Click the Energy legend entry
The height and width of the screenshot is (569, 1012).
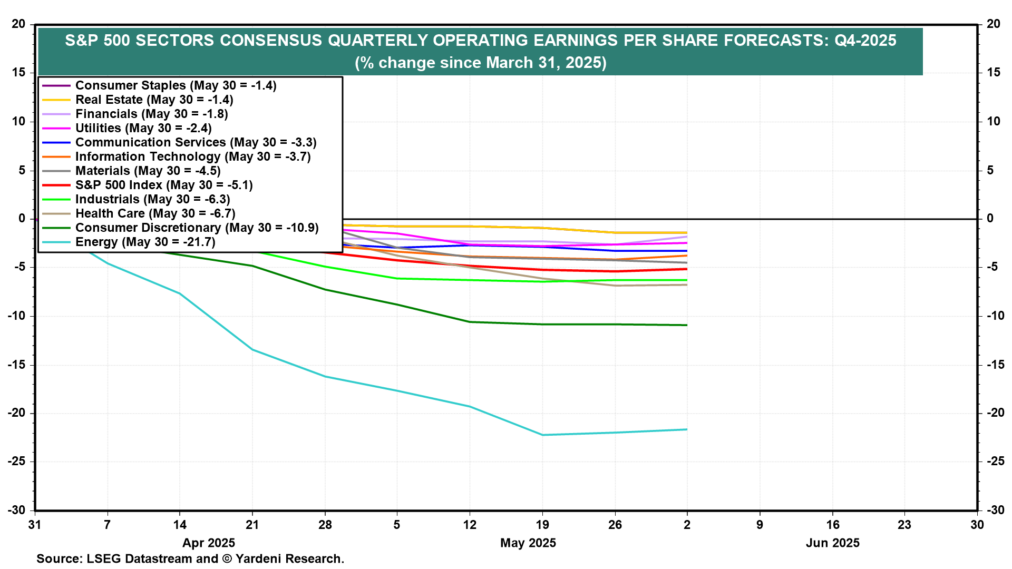click(145, 242)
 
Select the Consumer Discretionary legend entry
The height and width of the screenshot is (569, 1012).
click(197, 228)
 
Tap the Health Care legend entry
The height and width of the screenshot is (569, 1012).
click(155, 214)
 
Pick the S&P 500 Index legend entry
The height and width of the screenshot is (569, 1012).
click(164, 185)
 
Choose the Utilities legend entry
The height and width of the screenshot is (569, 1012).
click(143, 129)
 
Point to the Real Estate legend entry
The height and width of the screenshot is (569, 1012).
click(154, 100)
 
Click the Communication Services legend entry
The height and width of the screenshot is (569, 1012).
click(196, 143)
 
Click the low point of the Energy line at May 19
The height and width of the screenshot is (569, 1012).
click(542, 435)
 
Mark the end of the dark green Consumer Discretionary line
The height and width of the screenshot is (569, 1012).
click(687, 325)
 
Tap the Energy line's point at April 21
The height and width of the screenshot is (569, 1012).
click(252, 350)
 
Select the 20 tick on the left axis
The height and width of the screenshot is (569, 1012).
click(19, 24)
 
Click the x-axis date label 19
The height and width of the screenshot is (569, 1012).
click(542, 525)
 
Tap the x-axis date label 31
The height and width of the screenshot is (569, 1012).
click(35, 525)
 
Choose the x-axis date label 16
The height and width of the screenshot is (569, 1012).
click(833, 525)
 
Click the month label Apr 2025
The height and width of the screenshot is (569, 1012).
click(209, 543)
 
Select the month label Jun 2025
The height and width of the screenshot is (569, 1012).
click(833, 543)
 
